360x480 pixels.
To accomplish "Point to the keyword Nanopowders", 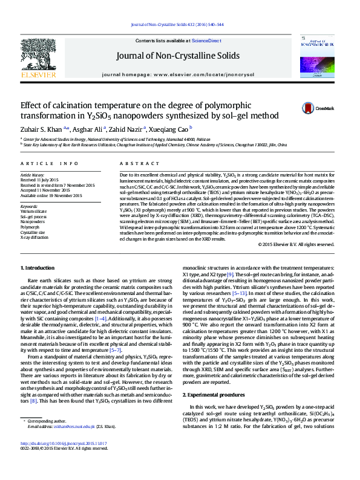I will pyautogui.click(x=33, y=222).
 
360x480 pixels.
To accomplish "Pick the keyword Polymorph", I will pyautogui.click(x=30, y=227).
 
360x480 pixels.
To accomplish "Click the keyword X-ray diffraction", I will pyautogui.click(x=34, y=236).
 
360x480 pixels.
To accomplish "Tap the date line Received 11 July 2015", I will pyautogui.click(x=41, y=180).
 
